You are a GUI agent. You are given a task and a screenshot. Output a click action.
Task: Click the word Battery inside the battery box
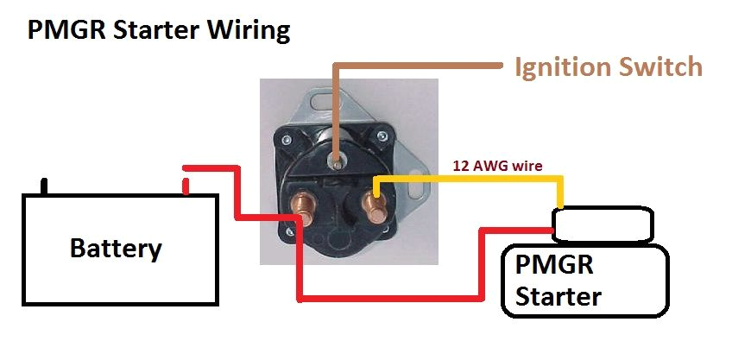point(115,249)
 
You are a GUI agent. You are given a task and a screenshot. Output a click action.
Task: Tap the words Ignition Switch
point(608,66)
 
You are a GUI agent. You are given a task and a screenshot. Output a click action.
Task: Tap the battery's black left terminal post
point(46,185)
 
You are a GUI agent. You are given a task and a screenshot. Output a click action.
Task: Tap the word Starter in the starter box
point(558,296)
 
